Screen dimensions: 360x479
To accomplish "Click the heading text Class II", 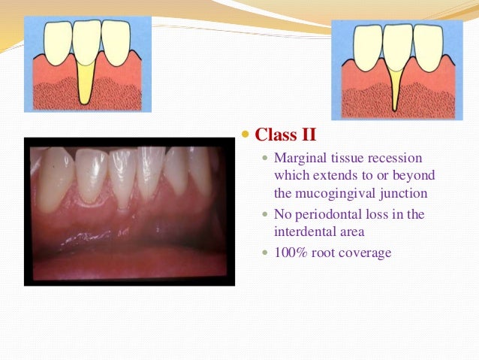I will click(286, 135).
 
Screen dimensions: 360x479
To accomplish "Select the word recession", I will click(395, 159).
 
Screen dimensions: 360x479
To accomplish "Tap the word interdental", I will click(309, 231).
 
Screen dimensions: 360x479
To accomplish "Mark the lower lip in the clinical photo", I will click(128, 259).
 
